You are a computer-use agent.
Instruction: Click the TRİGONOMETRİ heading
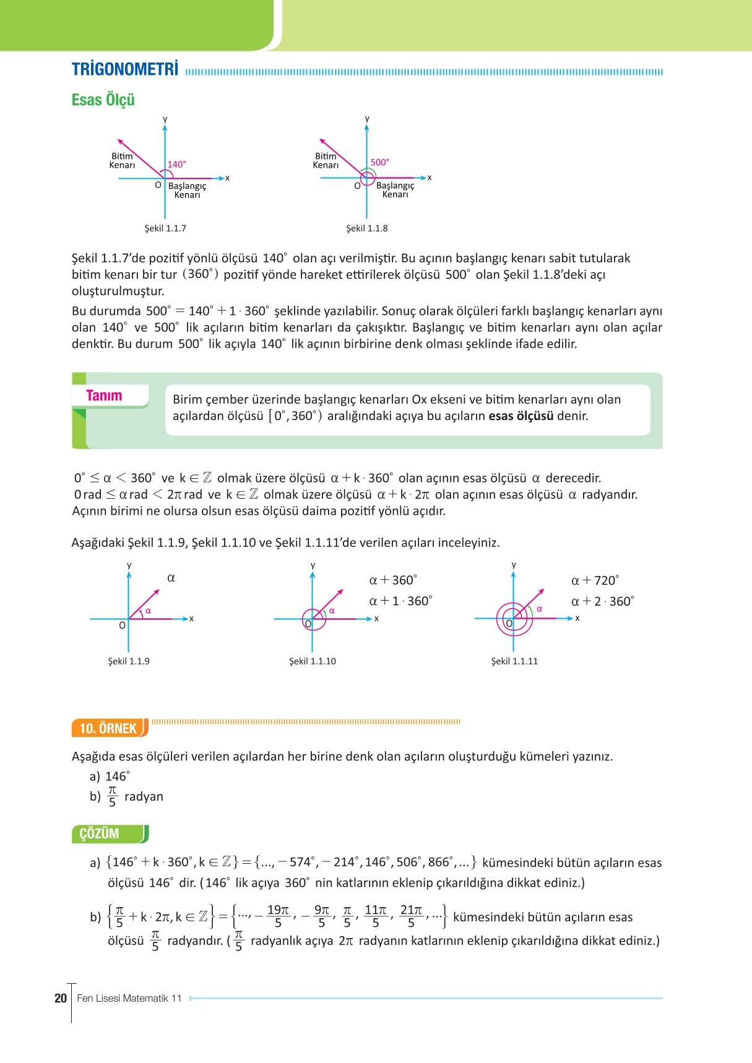(124, 69)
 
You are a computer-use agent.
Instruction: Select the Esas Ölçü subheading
(103, 100)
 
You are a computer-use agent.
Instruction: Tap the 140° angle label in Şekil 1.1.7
(176, 165)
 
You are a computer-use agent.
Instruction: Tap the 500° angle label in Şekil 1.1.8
(379, 162)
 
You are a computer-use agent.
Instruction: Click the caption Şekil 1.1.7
(165, 228)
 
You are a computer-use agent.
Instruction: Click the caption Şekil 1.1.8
(366, 228)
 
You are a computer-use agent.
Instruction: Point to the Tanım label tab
(104, 396)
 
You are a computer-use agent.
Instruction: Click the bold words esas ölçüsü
(521, 416)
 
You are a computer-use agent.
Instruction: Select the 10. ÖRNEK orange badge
(108, 728)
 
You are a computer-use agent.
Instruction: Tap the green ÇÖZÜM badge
(99, 833)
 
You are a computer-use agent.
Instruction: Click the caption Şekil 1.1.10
(312, 661)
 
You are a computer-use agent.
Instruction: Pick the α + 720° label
(594, 580)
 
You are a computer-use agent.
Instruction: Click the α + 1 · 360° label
(400, 601)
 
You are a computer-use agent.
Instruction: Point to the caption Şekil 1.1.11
(514, 661)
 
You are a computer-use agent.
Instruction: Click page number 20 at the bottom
(61, 998)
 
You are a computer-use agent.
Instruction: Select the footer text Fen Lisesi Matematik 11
(129, 998)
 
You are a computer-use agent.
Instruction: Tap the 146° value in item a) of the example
(117, 777)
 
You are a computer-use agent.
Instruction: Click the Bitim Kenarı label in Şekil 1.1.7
(122, 161)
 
